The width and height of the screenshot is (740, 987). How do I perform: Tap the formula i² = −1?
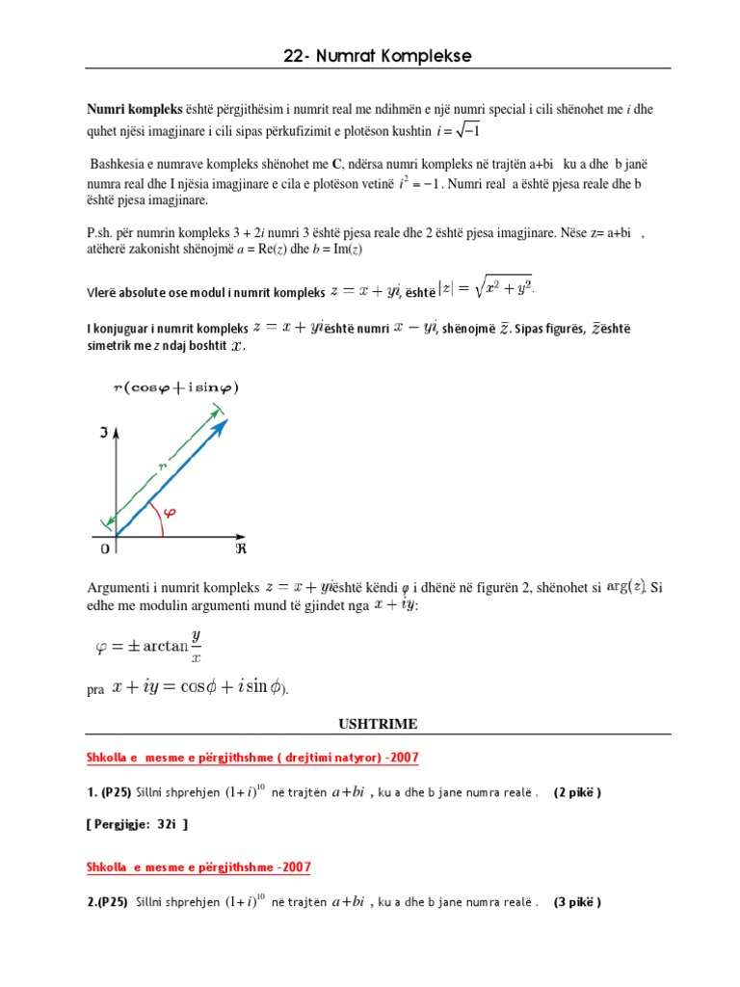click(420, 184)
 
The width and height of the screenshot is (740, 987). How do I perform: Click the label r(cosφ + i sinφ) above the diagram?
click(175, 387)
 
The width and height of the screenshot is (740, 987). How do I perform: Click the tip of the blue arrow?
click(225, 421)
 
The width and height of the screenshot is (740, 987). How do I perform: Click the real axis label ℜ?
click(242, 547)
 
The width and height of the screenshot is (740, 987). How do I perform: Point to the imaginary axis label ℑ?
click(103, 434)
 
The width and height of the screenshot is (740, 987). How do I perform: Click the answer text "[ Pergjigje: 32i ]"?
click(137, 824)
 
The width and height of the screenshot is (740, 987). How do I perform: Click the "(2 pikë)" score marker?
click(576, 792)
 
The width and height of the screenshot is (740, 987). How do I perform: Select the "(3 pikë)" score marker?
click(576, 903)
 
